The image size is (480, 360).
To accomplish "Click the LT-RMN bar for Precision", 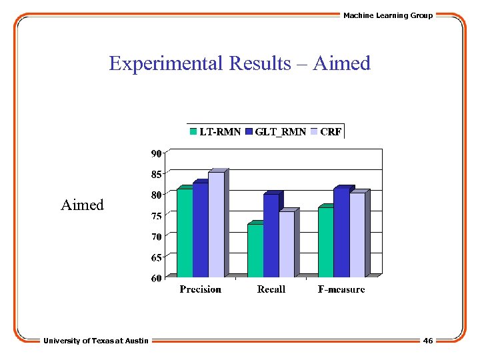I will (x=185, y=233).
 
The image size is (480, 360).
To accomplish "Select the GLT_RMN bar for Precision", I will (x=200, y=230).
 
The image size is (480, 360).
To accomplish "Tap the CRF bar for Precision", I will (x=216, y=225).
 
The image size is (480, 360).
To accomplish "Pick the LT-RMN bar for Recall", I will (x=255, y=251).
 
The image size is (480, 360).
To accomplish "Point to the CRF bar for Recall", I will (x=286, y=244).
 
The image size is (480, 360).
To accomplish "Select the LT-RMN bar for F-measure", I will (x=325, y=242).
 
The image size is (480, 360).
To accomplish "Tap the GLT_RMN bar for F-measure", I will (x=341, y=233).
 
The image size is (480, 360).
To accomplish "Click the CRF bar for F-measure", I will (x=357, y=235).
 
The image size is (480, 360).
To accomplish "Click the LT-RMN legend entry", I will (x=215, y=132).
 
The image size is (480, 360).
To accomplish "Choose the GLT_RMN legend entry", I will (x=275, y=132).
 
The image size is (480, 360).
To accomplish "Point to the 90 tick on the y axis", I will (x=155, y=153).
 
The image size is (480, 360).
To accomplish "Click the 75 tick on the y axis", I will (x=155, y=216).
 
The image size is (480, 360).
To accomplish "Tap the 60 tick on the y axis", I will (x=155, y=278).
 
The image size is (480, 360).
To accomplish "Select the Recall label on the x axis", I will (x=271, y=289).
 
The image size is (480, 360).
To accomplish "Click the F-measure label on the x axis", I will (x=341, y=289).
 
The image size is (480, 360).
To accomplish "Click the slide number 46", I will (x=427, y=341).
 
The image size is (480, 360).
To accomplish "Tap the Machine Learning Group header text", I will (x=387, y=15).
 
